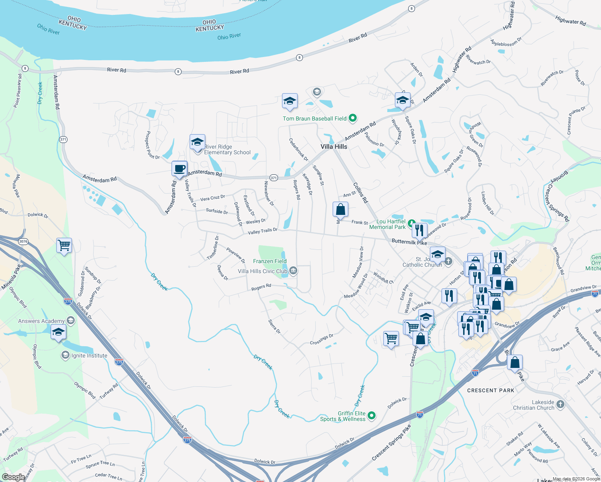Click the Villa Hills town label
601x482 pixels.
coord(334,147)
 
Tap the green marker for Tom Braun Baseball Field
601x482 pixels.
coord(353,118)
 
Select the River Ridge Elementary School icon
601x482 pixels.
coord(197,143)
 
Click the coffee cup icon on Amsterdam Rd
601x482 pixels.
coord(180,168)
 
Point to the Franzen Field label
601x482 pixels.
coord(270,261)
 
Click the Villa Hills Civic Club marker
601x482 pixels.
coord(293,271)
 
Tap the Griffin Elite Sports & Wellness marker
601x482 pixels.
coord(372,416)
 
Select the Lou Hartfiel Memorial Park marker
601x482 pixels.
coord(411,223)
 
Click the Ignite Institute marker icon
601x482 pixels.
coord(65,355)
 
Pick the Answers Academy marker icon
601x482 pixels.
coord(71,320)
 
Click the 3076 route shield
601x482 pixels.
coord(23,241)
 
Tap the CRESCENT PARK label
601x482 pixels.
coord(491,390)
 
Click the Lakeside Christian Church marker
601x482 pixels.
coord(560,404)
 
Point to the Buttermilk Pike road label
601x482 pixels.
coord(409,242)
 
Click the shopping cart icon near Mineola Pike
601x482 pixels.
coord(64,245)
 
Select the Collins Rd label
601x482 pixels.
coord(360,193)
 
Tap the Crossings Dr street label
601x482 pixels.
coord(321,340)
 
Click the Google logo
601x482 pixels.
coord(13,477)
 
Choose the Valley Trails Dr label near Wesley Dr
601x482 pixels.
coord(262,231)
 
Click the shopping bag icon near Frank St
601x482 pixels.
coord(340,209)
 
